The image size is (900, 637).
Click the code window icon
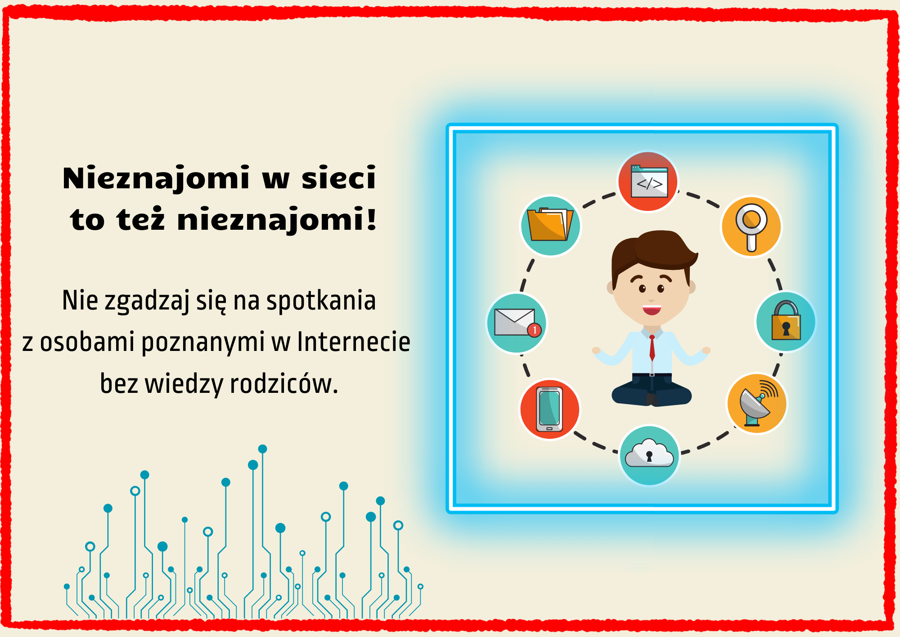coord(648,181)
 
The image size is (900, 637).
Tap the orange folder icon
coord(550,225)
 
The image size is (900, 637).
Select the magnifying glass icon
coord(751,226)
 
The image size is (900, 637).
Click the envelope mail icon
coord(517,323)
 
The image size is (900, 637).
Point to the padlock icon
coord(786,322)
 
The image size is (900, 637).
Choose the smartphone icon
coord(549,409)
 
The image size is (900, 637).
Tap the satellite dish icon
coord(757,403)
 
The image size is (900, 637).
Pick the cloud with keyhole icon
coord(649,455)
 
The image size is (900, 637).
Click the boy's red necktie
coord(652,348)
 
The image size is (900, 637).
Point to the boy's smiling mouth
coord(652,310)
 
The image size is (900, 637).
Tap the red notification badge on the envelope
coord(534,330)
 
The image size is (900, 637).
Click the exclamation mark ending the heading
coord(371,218)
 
